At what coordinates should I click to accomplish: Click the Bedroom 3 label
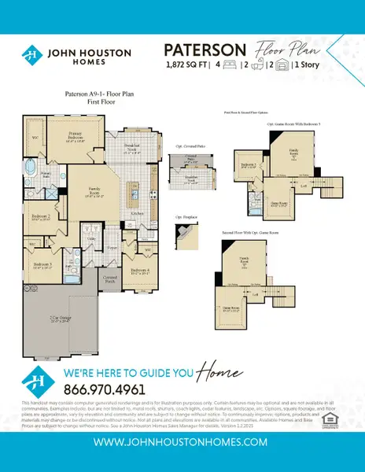point(42,266)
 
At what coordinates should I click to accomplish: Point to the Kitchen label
point(137,212)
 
